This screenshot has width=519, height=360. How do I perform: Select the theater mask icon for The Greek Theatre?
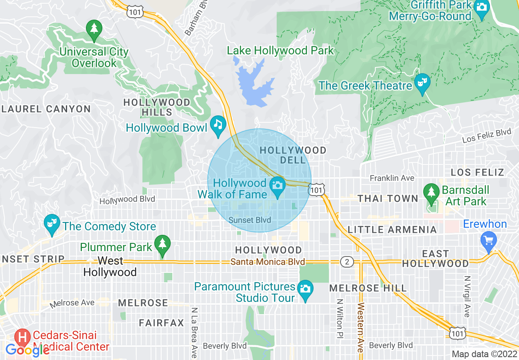[421, 82]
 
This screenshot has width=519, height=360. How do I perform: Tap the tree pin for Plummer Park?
[163, 244]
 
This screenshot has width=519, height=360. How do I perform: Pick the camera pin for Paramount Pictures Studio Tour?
[305, 289]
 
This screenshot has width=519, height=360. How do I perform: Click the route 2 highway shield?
[347, 262]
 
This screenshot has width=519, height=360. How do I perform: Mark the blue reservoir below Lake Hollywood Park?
[252, 82]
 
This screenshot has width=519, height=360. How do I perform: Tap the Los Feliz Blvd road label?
[487, 136]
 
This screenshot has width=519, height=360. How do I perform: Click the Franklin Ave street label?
[392, 178]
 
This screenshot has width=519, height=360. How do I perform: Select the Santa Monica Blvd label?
[268, 262]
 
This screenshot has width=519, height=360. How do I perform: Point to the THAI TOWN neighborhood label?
[388, 199]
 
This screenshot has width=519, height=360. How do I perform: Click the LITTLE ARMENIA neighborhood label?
[392, 230]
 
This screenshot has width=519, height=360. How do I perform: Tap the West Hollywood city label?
[110, 266]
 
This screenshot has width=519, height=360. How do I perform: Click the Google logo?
[27, 350]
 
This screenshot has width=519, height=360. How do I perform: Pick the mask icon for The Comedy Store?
[52, 223]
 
